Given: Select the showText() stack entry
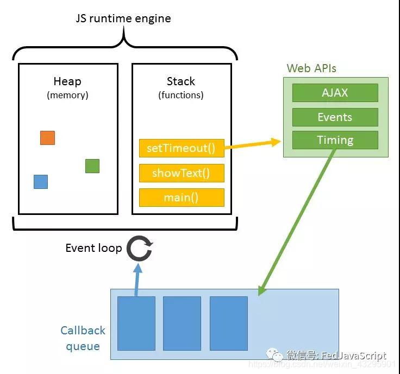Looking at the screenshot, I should pos(182,173).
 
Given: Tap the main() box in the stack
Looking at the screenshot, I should pos(182,198).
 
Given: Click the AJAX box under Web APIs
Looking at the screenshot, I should pos(335,93).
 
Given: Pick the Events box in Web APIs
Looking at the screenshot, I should pos(335,117).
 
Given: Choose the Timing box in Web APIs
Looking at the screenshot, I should pos(335,140).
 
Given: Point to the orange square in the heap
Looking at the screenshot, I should pos(47,138).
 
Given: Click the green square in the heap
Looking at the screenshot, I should pos(92,166).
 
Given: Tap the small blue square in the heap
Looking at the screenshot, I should pos(41,182).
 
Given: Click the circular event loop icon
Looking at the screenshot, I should pos(140,249).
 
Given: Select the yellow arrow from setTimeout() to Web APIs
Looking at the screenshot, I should pos(253,144).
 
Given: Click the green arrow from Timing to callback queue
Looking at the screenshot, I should pos(296,223).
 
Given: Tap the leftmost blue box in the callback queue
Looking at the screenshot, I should pos(136,323).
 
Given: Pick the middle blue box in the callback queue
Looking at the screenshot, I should pos(182,323).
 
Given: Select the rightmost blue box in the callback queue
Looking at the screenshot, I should pos(229,323).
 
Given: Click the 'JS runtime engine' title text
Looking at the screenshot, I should pos(123,18).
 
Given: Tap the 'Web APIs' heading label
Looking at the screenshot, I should pos(311,68).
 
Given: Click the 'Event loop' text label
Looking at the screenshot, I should pos(93,248).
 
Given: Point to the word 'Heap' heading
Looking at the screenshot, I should pos(67,81).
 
